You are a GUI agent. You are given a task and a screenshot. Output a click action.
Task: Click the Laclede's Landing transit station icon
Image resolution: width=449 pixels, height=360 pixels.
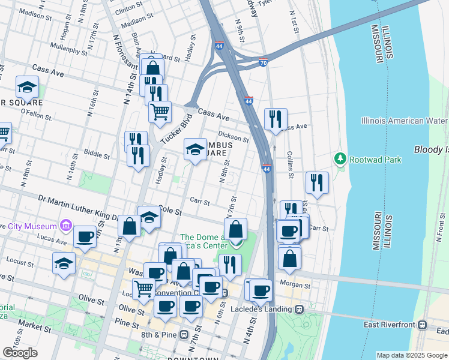click(298, 310)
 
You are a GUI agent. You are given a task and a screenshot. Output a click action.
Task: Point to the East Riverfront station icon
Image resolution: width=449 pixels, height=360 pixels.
click(423, 325)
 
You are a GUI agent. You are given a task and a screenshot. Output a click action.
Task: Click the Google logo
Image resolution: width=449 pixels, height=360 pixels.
click(20, 352)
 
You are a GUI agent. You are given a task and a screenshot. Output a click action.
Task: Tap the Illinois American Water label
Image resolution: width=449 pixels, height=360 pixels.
click(405, 121)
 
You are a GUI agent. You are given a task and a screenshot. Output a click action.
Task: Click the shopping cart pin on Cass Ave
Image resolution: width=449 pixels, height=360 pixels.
click(160, 112)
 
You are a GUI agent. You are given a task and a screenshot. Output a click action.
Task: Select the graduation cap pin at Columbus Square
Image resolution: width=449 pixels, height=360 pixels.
click(195, 150)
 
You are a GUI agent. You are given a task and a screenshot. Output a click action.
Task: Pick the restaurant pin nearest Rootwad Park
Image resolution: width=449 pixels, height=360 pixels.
click(317, 182)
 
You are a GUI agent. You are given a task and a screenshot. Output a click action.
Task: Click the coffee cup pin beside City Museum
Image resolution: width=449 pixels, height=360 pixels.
click(85, 236)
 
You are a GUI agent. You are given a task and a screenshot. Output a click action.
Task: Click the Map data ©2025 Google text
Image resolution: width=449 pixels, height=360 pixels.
click(411, 355)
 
